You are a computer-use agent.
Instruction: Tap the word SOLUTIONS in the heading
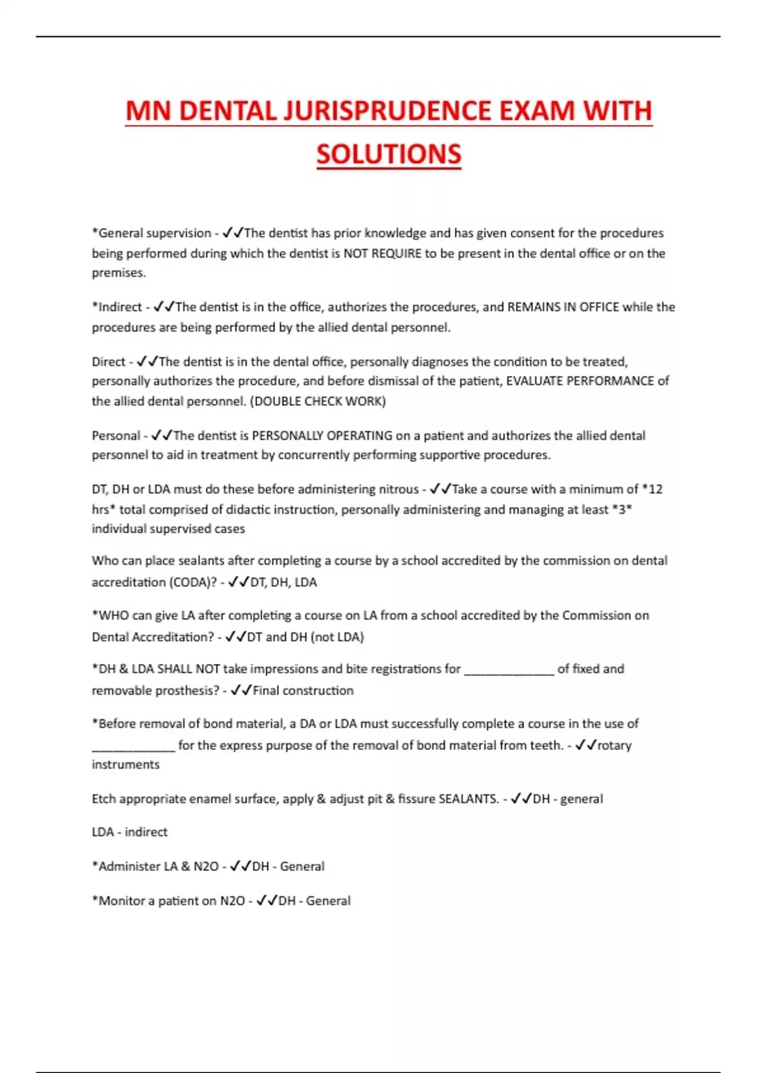pyautogui.click(x=389, y=155)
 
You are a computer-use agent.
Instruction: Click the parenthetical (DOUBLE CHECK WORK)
pyautogui.click(x=318, y=401)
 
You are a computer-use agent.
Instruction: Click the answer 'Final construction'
pyautogui.click(x=303, y=691)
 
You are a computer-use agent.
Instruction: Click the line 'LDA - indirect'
pyautogui.click(x=129, y=832)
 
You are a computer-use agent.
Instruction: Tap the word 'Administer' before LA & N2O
pyautogui.click(x=129, y=866)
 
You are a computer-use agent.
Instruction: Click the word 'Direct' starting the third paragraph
pyautogui.click(x=109, y=362)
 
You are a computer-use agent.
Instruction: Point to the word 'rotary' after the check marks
pyautogui.click(x=614, y=745)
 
